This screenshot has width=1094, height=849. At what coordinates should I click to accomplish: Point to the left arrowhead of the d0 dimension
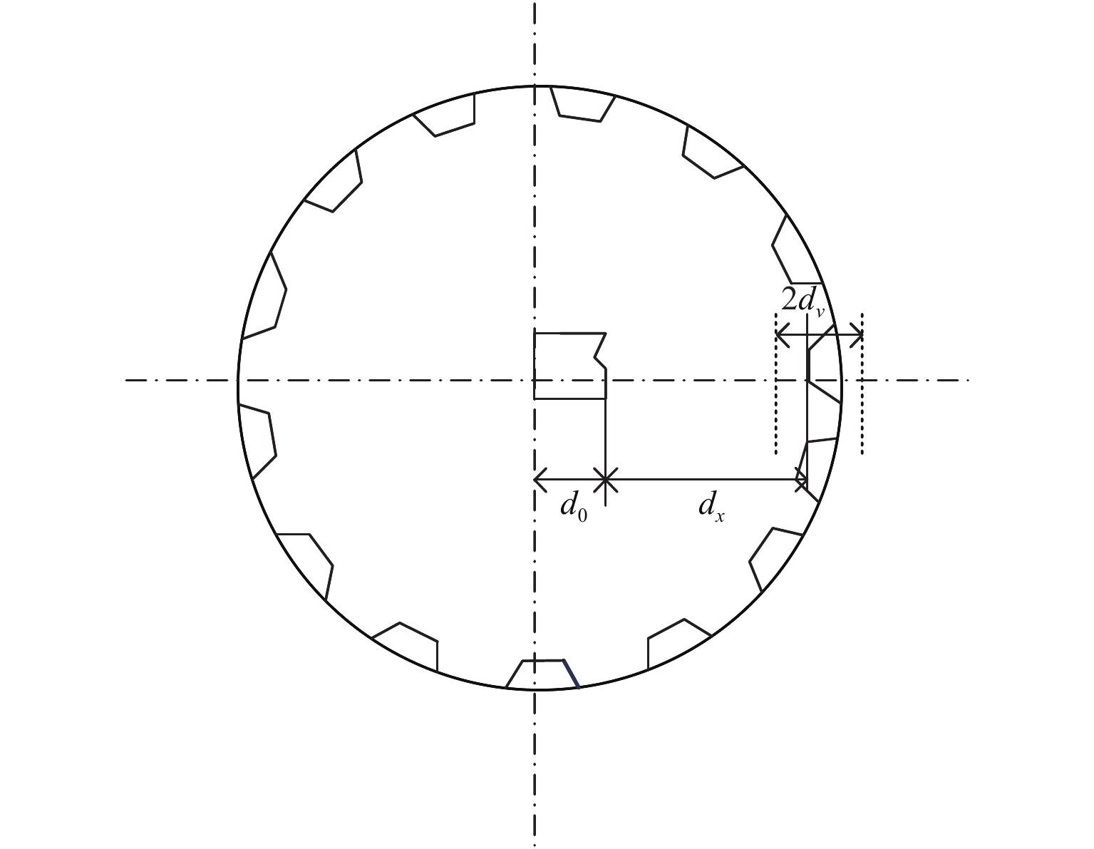[x=540, y=480]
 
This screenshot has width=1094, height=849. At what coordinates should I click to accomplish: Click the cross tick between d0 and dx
[x=605, y=480]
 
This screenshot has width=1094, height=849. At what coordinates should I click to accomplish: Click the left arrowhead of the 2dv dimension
[x=780, y=334]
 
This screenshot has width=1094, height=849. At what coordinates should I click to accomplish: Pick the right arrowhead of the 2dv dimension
[x=857, y=334]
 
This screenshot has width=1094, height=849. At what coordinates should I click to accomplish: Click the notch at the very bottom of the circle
[x=542, y=674]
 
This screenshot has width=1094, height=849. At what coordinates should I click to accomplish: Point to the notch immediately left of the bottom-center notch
[x=410, y=645]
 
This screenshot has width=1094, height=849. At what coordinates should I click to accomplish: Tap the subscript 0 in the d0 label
[x=582, y=515]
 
